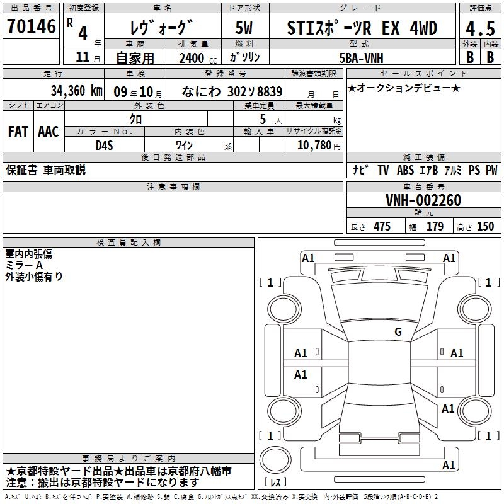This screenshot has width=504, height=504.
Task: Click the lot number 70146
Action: (31, 26)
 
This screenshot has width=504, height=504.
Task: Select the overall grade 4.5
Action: (480, 29)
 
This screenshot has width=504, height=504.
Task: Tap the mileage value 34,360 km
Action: (76, 91)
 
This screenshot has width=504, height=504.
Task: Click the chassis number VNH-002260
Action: (423, 200)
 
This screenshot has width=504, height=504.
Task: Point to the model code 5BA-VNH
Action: (361, 58)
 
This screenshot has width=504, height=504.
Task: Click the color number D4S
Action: (105, 146)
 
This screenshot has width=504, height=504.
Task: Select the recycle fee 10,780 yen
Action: (319, 146)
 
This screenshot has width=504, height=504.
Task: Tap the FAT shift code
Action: (18, 132)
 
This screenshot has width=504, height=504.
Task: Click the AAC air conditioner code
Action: (49, 132)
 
